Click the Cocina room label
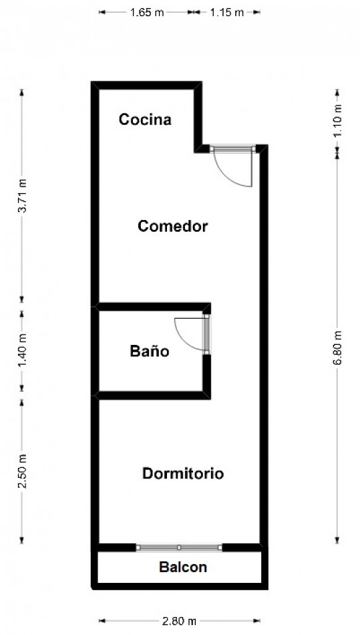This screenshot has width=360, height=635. pyautogui.click(x=145, y=120)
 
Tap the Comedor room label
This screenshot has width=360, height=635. pyautogui.click(x=173, y=226)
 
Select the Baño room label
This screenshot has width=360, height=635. pyautogui.click(x=149, y=351)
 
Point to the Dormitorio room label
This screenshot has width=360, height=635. pyautogui.click(x=182, y=474)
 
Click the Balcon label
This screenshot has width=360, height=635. pyautogui.click(x=182, y=567)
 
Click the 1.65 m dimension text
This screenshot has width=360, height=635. pyautogui.click(x=147, y=12)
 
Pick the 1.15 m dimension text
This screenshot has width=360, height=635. pyautogui.click(x=226, y=12)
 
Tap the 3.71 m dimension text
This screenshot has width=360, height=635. pyautogui.click(x=22, y=196)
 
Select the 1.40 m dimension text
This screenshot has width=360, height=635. pyautogui.click(x=22, y=349)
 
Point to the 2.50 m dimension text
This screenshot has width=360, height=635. pyautogui.click(x=22, y=471)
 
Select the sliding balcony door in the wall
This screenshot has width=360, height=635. pyautogui.click(x=179, y=547)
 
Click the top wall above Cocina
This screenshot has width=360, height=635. pyautogui.click(x=147, y=85)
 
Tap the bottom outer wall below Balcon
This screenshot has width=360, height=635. pyautogui.click(x=180, y=586)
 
